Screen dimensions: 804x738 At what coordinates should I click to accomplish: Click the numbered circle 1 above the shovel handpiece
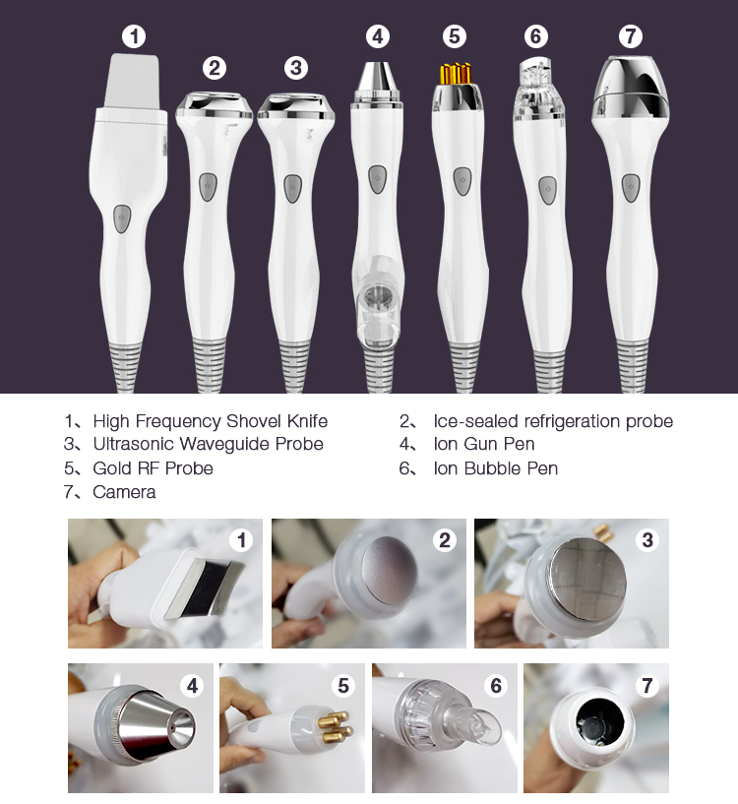click(134, 37)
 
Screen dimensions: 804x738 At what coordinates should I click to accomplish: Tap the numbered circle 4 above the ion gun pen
click(377, 37)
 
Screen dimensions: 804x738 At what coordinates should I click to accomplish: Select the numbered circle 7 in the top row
click(630, 37)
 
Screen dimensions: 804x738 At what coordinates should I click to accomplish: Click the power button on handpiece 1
click(121, 219)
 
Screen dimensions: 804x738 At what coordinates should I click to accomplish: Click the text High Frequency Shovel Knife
click(210, 421)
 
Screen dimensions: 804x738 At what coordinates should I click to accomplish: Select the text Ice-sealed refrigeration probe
click(553, 421)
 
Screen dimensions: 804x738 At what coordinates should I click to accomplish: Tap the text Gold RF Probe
click(153, 468)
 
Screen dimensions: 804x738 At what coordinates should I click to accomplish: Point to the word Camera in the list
click(124, 492)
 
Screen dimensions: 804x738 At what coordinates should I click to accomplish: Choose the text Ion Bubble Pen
click(495, 468)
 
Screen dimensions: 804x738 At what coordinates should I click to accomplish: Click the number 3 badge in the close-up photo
click(647, 540)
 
